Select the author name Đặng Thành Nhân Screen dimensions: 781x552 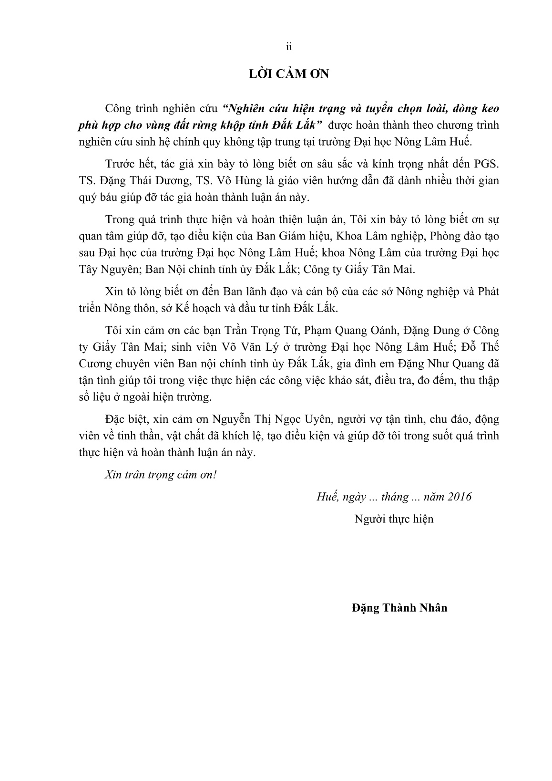[x=399, y=608]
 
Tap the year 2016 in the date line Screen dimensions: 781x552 [x=460, y=497]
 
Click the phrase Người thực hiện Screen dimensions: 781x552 [x=394, y=519]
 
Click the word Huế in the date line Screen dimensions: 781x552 [x=326, y=497]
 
